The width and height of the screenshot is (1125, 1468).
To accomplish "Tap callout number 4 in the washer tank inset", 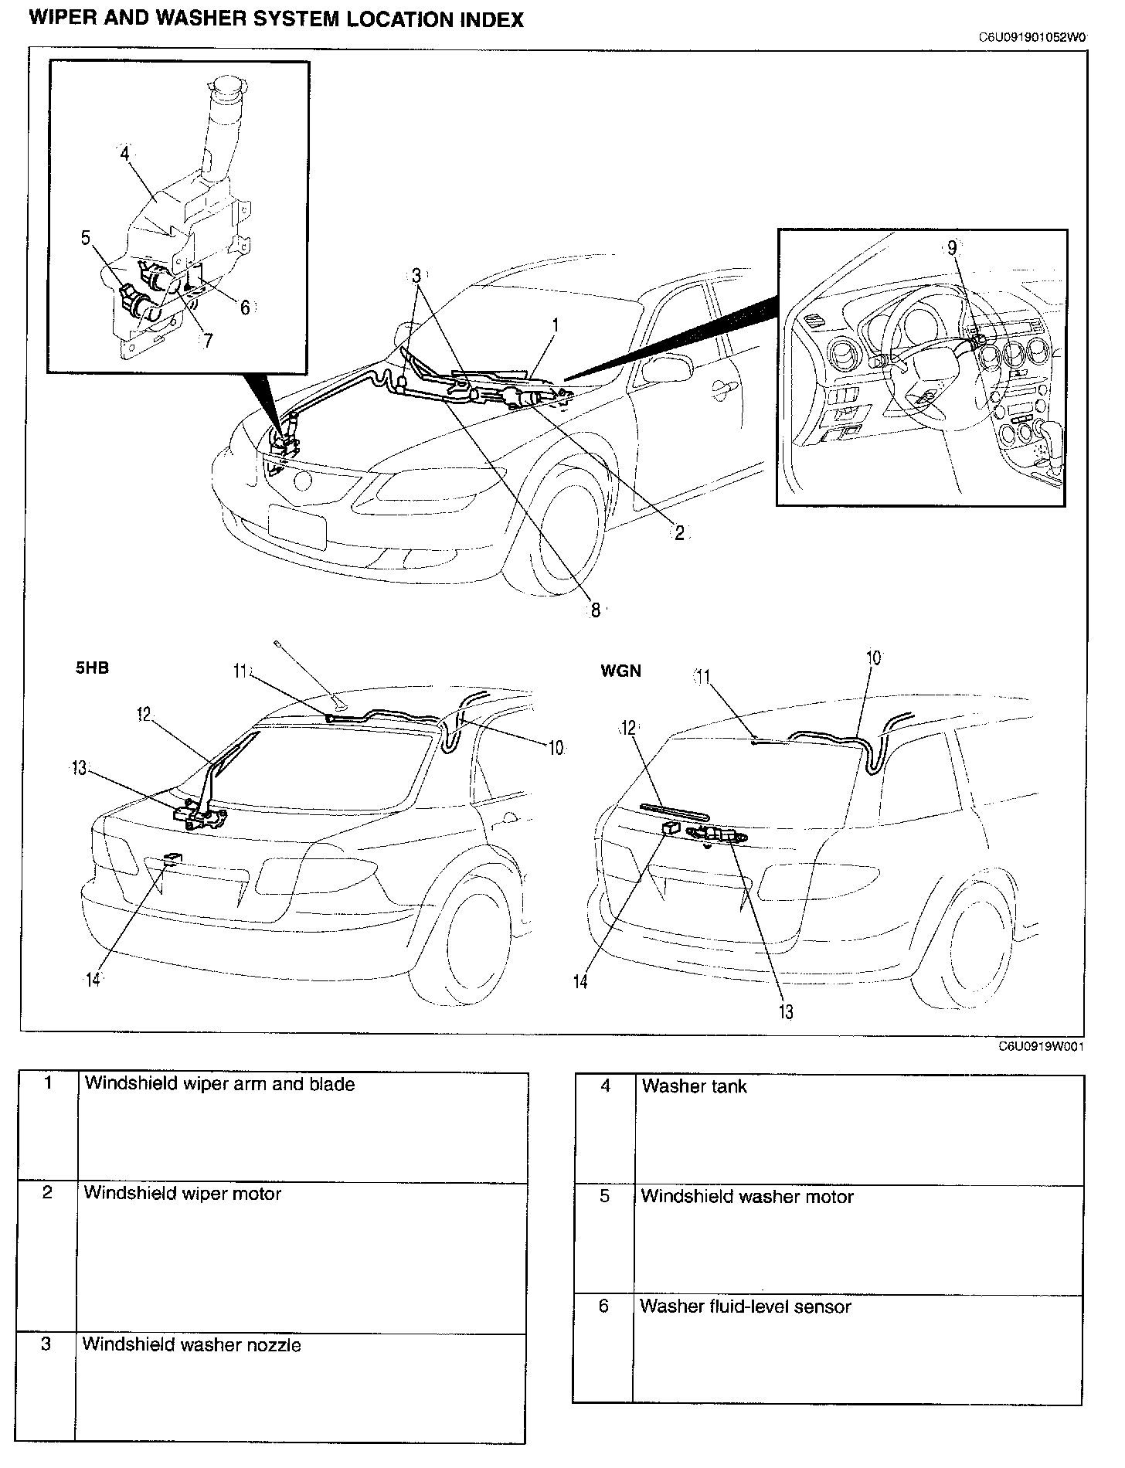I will click(124, 153).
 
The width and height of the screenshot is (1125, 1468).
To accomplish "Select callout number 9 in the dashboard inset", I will click(952, 248).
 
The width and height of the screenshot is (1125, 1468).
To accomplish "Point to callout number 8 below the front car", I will click(595, 610).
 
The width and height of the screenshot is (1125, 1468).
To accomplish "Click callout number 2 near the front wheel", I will click(679, 533).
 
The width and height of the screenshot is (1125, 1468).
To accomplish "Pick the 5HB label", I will click(92, 668).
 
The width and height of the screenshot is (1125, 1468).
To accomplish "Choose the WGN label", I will click(621, 671).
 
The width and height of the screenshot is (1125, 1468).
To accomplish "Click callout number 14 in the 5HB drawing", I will click(93, 980).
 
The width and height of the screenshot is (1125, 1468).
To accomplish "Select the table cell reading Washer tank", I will click(694, 1086).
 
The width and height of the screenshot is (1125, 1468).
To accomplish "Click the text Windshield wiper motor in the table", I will click(182, 1193).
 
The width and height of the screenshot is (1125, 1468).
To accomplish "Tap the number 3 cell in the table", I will click(46, 1344).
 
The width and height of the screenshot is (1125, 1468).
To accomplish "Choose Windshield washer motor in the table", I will click(747, 1197).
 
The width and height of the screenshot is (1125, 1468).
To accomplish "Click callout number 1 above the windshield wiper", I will click(555, 325).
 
